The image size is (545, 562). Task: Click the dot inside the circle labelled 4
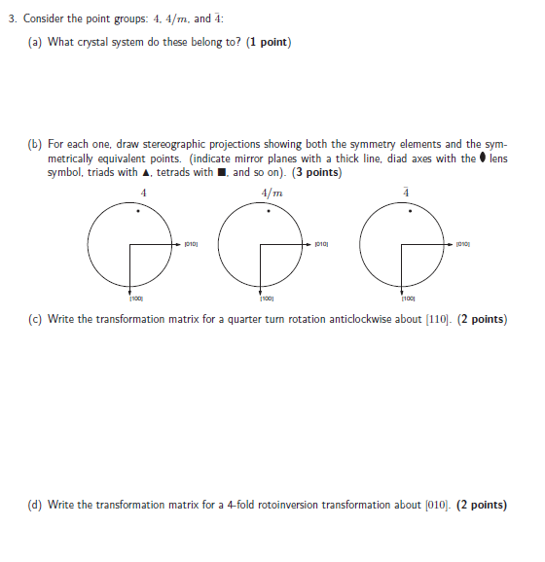click(136, 210)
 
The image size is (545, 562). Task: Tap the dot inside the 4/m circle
click(274, 210)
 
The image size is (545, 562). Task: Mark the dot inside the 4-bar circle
click(410, 210)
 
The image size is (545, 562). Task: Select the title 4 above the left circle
click(143, 192)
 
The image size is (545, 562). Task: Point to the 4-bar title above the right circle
click(407, 192)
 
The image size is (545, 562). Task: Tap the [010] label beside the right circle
click(463, 243)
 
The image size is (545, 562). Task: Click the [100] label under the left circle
click(130, 299)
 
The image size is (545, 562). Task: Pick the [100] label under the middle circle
click(266, 299)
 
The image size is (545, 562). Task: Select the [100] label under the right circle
click(408, 299)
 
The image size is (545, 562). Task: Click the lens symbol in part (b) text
click(483, 158)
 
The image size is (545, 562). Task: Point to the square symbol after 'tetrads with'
click(222, 173)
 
